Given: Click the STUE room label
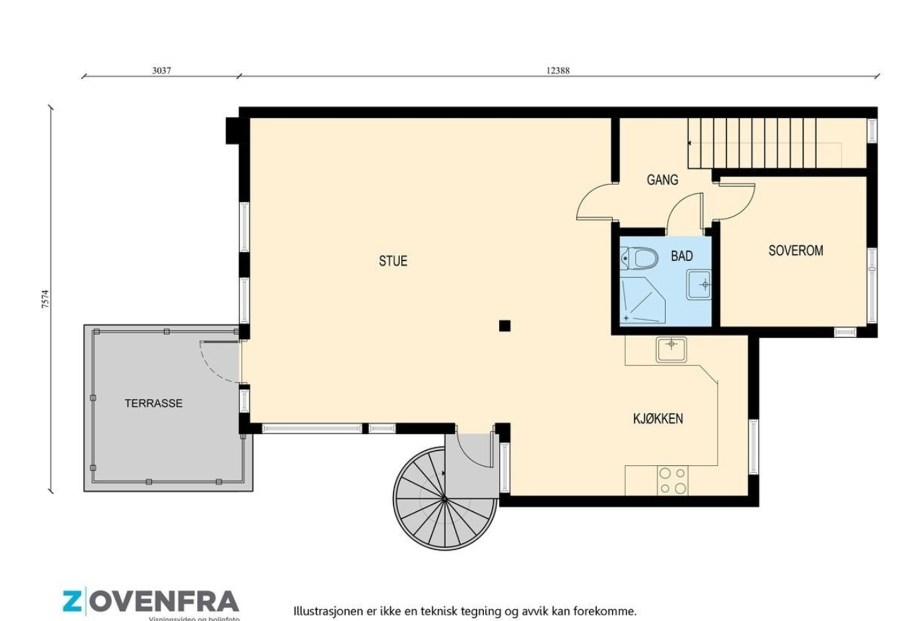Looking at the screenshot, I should coord(393,261).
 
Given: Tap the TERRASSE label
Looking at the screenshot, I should coord(153,403).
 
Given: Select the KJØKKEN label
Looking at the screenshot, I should coord(657,419).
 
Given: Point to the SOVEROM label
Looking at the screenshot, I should coord(795,251).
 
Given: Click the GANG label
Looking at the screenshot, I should coord(662,180).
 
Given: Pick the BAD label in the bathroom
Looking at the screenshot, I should coord(682,256).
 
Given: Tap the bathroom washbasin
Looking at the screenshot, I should coord(699,284).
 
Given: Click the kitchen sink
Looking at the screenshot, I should coord(671,348).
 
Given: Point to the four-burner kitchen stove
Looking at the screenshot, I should coord(673,481).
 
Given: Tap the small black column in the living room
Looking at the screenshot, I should coord(505,326).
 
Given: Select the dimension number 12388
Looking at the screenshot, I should coord(558,71).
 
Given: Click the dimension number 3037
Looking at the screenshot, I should coord(161,71).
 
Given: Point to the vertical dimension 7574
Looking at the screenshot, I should coord(45,299).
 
